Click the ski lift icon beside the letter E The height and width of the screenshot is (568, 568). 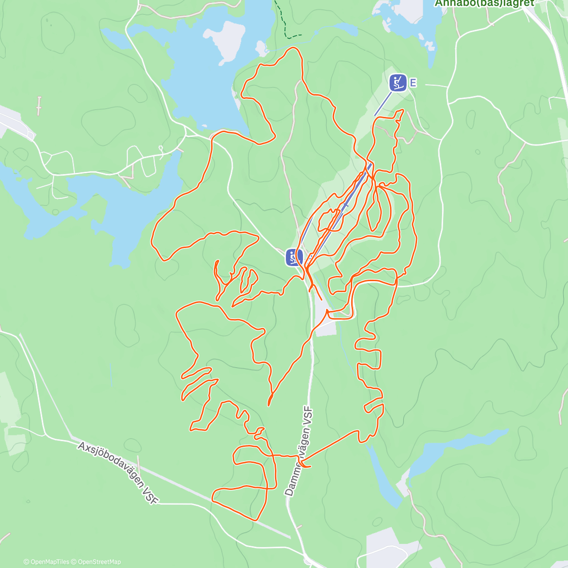click(398, 83)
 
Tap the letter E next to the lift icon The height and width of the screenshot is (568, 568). click(413, 83)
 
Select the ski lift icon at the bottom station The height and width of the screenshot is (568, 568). click(294, 257)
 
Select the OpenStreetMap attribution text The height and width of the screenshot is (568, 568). click(98, 562)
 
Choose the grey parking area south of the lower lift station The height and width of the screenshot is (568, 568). click(326, 327)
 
